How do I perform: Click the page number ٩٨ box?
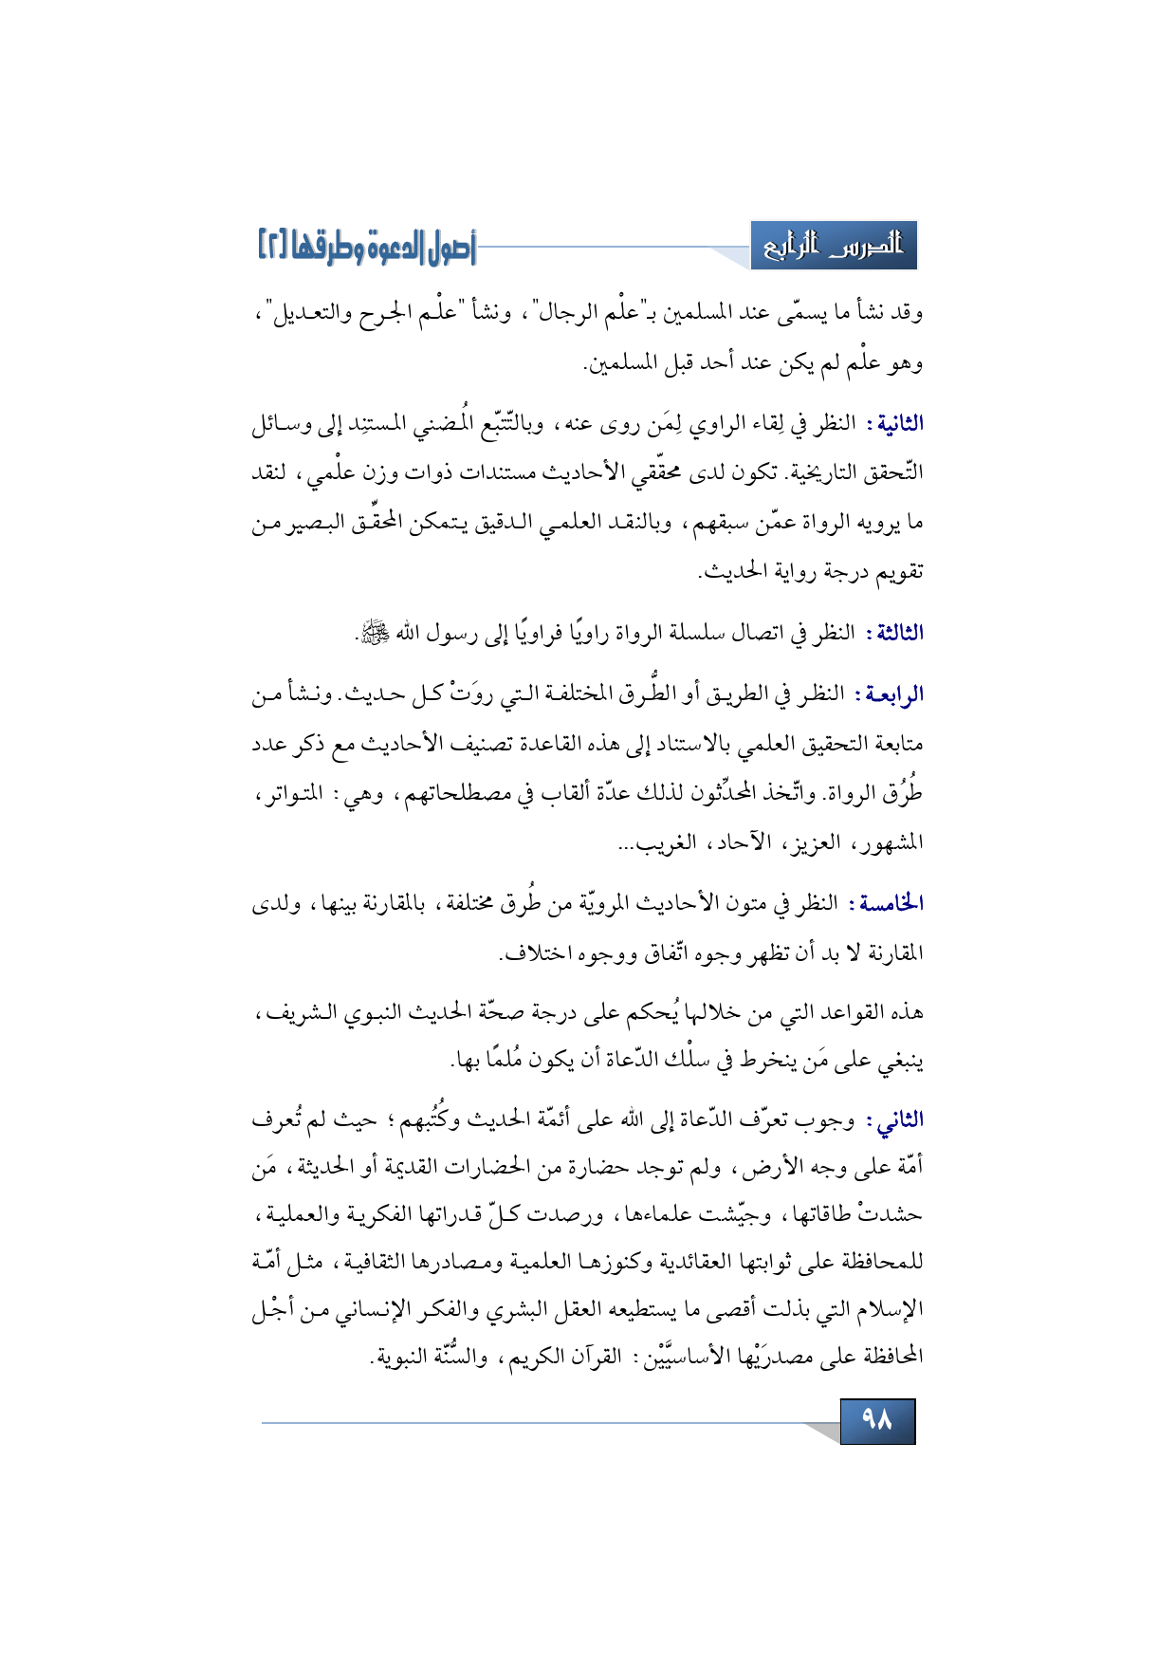(x=877, y=1420)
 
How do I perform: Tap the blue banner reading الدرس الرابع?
(x=834, y=246)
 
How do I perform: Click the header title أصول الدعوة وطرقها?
(x=389, y=248)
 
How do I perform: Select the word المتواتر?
(x=285, y=793)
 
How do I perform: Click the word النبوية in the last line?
(x=399, y=1358)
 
